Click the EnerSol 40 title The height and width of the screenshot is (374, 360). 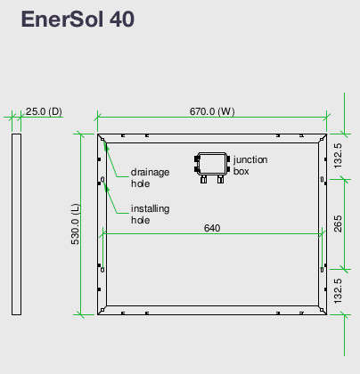pyautogui.click(x=78, y=19)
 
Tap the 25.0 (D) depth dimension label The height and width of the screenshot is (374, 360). pyautogui.click(x=44, y=111)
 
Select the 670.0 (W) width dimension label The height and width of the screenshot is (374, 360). pyautogui.click(x=212, y=111)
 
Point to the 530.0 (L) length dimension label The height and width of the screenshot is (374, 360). pyautogui.click(x=76, y=224)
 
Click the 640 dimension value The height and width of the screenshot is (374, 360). pyautogui.click(x=212, y=228)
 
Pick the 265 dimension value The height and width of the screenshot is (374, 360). pyautogui.click(x=338, y=224)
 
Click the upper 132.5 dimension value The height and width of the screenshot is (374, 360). pyautogui.click(x=338, y=156)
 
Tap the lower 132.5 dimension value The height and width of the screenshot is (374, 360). pyautogui.click(x=338, y=291)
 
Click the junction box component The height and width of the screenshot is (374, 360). pyautogui.click(x=212, y=167)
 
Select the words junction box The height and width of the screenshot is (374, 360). pyautogui.click(x=250, y=166)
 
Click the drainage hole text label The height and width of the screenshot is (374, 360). pyautogui.click(x=150, y=178)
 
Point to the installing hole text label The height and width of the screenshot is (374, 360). pyautogui.click(x=150, y=215)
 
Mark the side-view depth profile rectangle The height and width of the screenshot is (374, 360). pyautogui.click(x=16, y=224)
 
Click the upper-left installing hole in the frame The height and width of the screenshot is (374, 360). pyautogui.click(x=102, y=179)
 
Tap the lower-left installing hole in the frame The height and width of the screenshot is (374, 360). pyautogui.click(x=102, y=270)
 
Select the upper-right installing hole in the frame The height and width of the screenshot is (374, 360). pyautogui.click(x=323, y=179)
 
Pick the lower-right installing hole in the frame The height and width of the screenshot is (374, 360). pyautogui.click(x=323, y=270)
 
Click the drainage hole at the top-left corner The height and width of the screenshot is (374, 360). pyautogui.click(x=102, y=139)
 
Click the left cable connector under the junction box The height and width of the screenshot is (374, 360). pyautogui.click(x=203, y=179)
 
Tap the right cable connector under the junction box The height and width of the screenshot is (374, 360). pyautogui.click(x=220, y=179)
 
